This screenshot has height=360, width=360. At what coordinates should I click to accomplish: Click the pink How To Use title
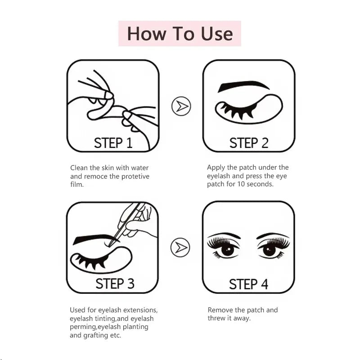point(180,34)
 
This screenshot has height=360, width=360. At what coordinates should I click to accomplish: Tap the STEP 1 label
point(113,143)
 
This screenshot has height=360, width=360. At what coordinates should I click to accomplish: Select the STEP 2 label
point(249,143)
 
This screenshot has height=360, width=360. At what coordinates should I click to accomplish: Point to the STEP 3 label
point(115,283)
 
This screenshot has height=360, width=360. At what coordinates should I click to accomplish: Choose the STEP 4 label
point(248,284)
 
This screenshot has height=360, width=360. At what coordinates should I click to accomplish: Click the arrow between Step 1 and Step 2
point(181,106)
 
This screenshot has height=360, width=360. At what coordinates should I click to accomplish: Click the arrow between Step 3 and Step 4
point(180,247)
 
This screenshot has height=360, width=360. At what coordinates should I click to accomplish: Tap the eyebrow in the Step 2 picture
point(243,85)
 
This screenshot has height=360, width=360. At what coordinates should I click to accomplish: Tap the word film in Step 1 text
point(77,184)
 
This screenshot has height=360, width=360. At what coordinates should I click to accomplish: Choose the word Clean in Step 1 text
point(79,168)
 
